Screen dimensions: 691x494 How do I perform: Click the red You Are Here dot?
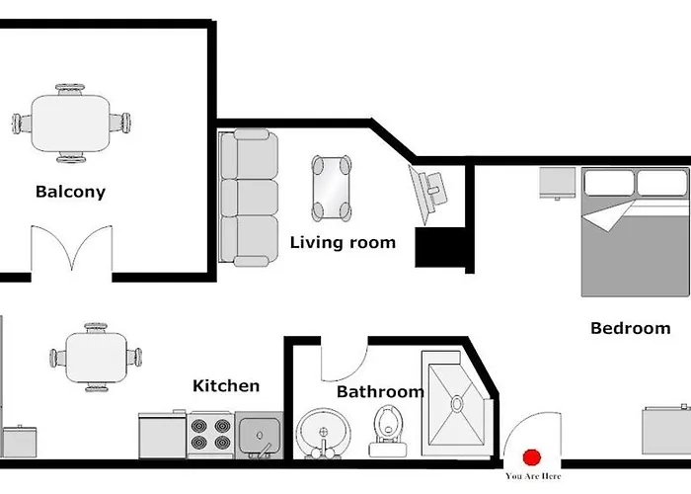coord(532,457)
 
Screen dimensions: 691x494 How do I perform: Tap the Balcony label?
coord(70,192)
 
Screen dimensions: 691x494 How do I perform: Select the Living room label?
coord(343,243)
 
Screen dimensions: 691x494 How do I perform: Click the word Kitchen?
coord(226,386)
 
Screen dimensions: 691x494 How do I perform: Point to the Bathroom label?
coord(380,391)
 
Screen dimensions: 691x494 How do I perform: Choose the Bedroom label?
coord(630,328)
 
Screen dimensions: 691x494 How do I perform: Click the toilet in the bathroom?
coord(388,431)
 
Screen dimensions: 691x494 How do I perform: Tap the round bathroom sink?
coord(324,434)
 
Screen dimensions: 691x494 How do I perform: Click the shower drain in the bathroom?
coord(457,403)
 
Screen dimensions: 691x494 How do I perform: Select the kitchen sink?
coord(259,436)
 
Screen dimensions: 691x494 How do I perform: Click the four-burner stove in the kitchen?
coord(210,435)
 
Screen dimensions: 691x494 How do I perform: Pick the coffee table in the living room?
coord(332,189)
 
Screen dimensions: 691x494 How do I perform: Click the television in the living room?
coord(427,194)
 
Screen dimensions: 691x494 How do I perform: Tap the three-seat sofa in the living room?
coord(249,198)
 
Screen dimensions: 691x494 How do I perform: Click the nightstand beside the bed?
coord(558,183)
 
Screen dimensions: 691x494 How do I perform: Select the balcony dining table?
coord(70,123)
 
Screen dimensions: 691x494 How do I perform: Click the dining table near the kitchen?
coord(96,358)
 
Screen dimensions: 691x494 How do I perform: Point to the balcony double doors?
coord(71,248)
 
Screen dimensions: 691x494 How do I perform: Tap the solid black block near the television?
coord(440,247)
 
